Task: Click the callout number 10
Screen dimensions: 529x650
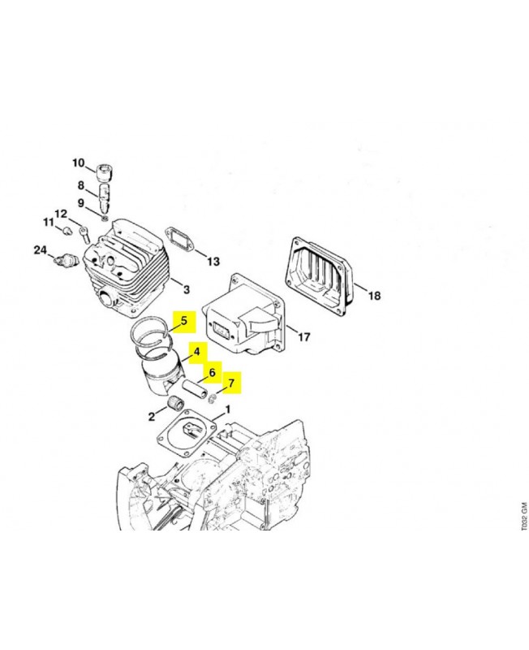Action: (x=78, y=163)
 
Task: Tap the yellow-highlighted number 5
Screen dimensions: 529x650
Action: (x=184, y=321)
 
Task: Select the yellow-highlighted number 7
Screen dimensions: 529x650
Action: (x=231, y=383)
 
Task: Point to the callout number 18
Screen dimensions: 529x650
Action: (x=374, y=296)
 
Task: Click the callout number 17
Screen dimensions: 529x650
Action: (x=303, y=336)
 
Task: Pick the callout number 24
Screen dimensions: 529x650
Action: (x=40, y=250)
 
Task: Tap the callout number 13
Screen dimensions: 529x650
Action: (x=213, y=262)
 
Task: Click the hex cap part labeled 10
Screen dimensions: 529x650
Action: (x=105, y=172)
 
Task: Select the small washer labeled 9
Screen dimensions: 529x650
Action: (x=105, y=218)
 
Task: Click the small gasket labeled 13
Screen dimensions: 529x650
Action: (x=178, y=239)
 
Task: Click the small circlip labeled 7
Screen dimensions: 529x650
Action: (x=213, y=398)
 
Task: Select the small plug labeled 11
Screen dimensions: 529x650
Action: (x=66, y=231)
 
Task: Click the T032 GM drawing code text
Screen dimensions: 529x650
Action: (x=524, y=517)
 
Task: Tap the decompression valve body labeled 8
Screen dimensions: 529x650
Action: (x=105, y=197)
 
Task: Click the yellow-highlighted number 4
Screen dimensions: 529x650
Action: (x=196, y=352)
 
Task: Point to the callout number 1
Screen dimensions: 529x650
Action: (x=227, y=410)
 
